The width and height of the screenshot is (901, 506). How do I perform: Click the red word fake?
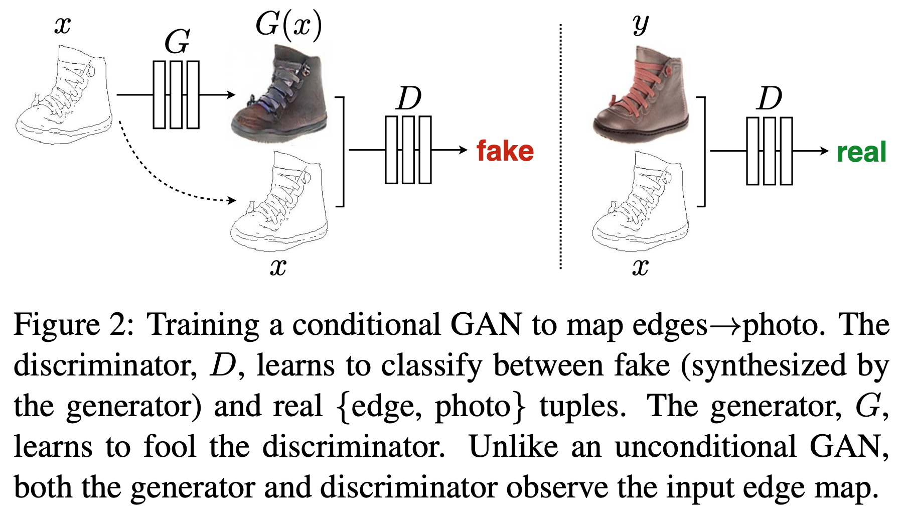click(x=505, y=151)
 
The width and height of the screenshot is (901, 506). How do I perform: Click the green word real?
click(x=861, y=152)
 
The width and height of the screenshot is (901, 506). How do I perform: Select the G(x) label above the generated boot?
click(x=288, y=24)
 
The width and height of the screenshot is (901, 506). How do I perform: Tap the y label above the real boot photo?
click(x=641, y=24)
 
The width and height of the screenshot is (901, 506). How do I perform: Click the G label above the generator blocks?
click(x=177, y=42)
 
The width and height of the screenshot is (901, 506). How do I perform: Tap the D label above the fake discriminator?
click(x=408, y=98)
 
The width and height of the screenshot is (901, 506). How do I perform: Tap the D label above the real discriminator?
click(x=770, y=98)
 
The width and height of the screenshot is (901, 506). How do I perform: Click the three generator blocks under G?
click(x=176, y=94)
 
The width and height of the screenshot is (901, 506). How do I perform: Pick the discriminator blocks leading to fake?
click(x=408, y=150)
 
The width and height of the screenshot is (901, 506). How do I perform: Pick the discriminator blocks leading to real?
click(x=770, y=151)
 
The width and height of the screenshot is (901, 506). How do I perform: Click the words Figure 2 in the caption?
click(x=72, y=325)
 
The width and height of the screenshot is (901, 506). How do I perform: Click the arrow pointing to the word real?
click(x=811, y=151)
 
